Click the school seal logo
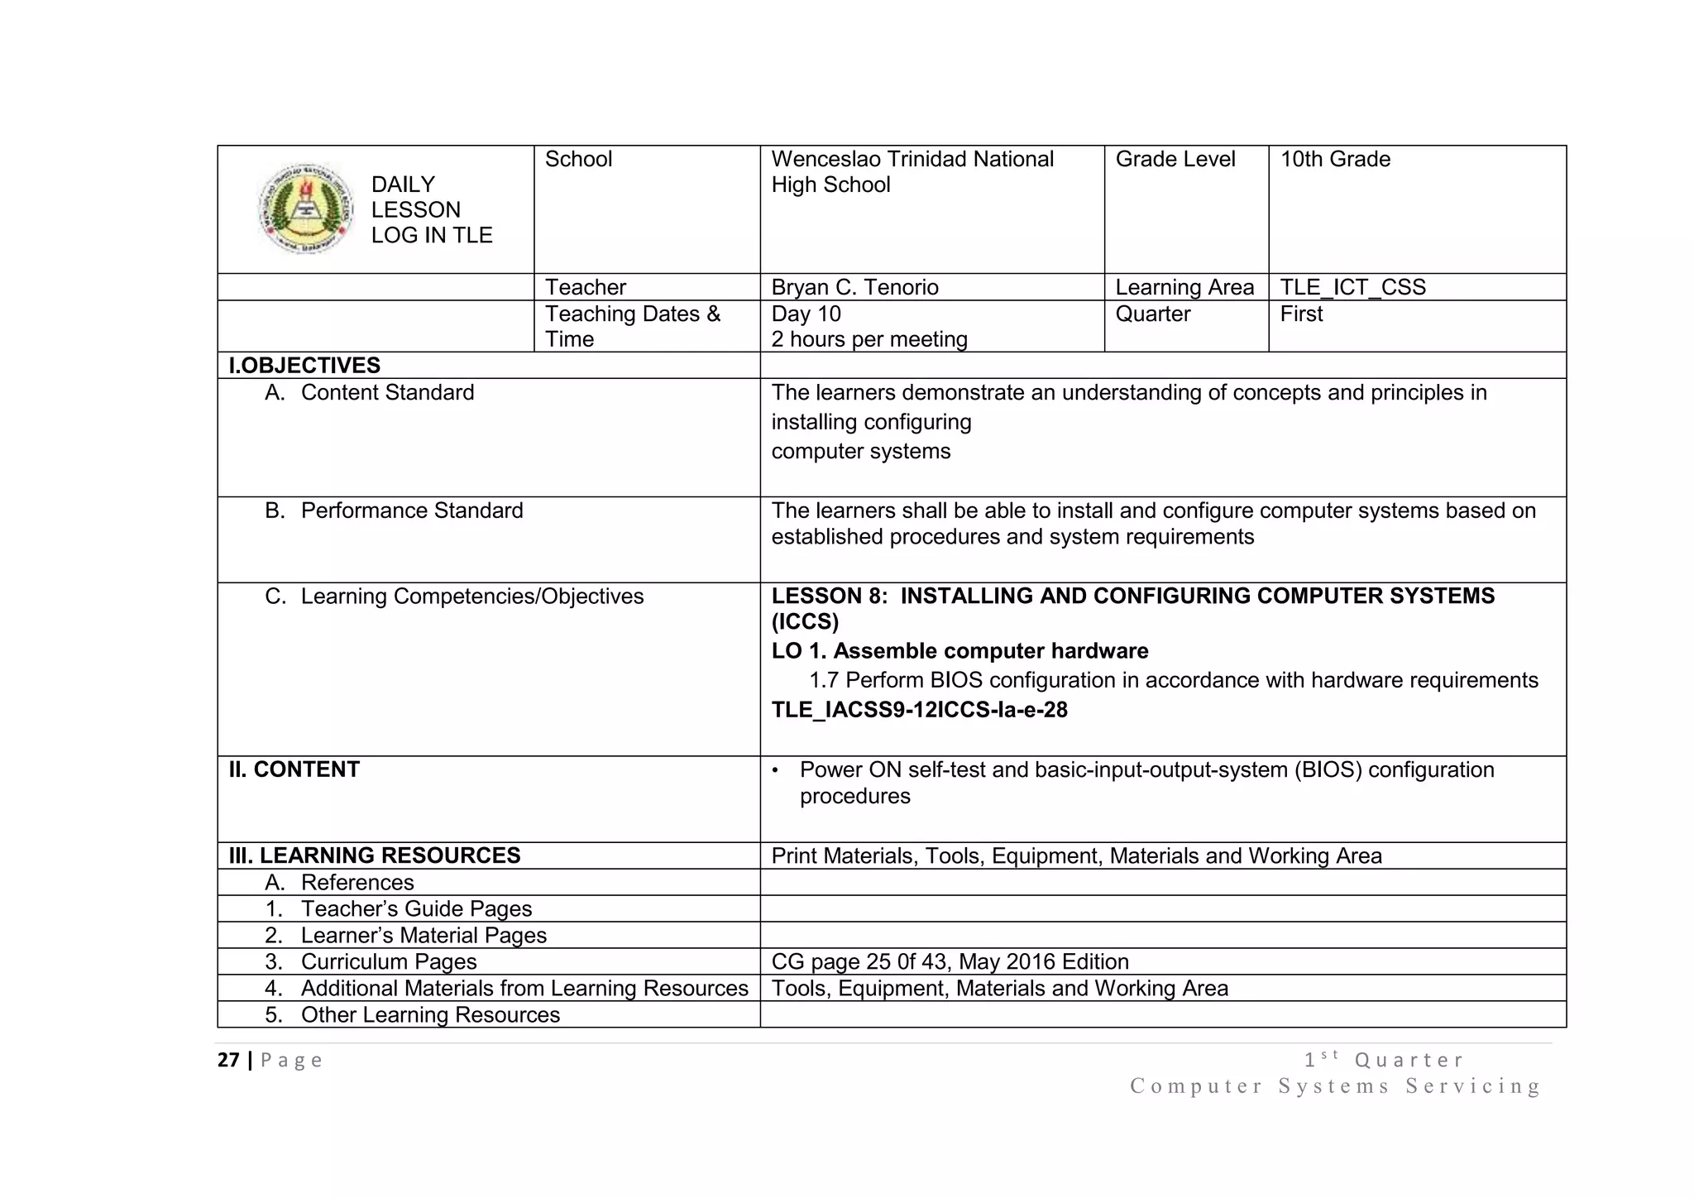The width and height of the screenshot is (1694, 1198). coord(305,208)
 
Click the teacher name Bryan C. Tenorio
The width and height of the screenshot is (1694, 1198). coord(854,287)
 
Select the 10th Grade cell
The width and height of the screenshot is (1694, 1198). coord(1335,160)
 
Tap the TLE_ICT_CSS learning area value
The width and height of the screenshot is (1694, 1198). coord(1352,287)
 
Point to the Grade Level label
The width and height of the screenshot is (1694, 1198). coord(1175,160)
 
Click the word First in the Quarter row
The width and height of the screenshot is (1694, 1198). coord(1301,314)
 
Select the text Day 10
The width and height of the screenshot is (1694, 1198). coord(806,314)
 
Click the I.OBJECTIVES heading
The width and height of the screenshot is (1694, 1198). coord(304,366)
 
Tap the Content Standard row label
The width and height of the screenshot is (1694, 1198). coord(387,392)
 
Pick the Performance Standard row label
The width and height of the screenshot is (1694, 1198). coord(411,510)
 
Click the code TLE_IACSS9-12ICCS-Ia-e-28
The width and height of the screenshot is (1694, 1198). coord(919,710)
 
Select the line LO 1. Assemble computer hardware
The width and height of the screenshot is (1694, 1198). coord(959,651)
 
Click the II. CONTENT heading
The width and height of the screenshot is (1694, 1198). coord(294,769)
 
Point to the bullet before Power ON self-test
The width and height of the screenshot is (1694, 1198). coord(775,770)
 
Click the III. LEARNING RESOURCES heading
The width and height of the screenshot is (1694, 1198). coord(375,855)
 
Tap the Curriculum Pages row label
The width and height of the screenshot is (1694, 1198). coord(389,961)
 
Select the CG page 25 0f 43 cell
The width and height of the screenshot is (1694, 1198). coord(950,961)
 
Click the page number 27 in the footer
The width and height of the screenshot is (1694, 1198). coord(228,1060)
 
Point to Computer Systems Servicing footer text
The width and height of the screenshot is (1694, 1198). coord(1335,1085)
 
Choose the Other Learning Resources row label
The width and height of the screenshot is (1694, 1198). coord(430,1014)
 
